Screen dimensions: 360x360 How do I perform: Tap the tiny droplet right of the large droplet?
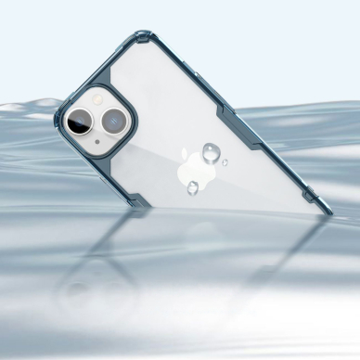point(225,162)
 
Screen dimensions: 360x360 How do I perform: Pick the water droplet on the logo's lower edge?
point(192,187)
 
